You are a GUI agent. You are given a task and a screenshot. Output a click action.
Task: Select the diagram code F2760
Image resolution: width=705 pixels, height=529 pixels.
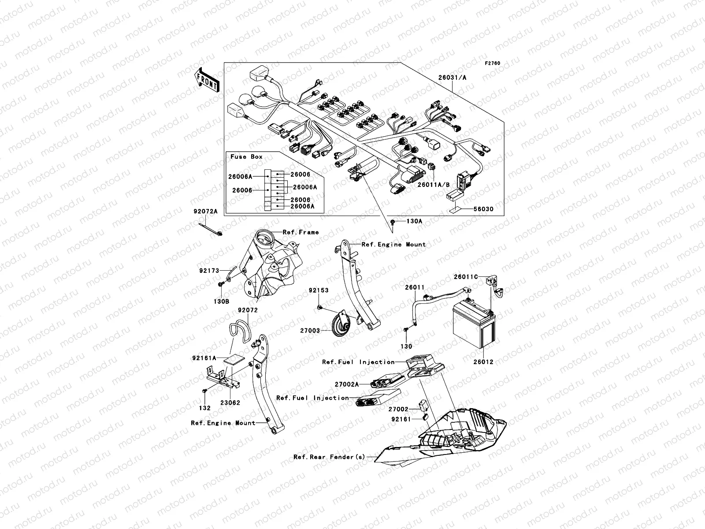click(493, 63)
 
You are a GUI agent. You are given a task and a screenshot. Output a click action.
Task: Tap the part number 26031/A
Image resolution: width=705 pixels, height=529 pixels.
click(452, 78)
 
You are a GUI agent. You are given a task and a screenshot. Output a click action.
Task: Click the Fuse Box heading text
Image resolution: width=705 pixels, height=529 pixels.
click(246, 156)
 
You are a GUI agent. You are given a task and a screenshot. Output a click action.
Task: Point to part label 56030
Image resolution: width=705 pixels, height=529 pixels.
click(483, 209)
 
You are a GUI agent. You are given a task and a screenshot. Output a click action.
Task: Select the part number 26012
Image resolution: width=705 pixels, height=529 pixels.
click(483, 362)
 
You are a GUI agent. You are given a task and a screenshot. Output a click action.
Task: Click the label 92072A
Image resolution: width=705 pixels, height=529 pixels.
click(205, 212)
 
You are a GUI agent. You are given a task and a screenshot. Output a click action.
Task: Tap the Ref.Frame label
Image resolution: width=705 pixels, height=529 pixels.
click(301, 232)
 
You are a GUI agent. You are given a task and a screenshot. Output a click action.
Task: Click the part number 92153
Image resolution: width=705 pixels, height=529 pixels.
click(319, 291)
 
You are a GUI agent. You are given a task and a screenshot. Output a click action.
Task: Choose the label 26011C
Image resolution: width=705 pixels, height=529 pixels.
click(466, 277)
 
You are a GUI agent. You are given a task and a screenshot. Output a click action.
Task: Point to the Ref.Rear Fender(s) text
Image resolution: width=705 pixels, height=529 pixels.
click(329, 457)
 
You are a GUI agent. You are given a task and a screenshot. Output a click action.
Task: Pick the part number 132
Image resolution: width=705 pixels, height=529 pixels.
click(205, 408)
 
